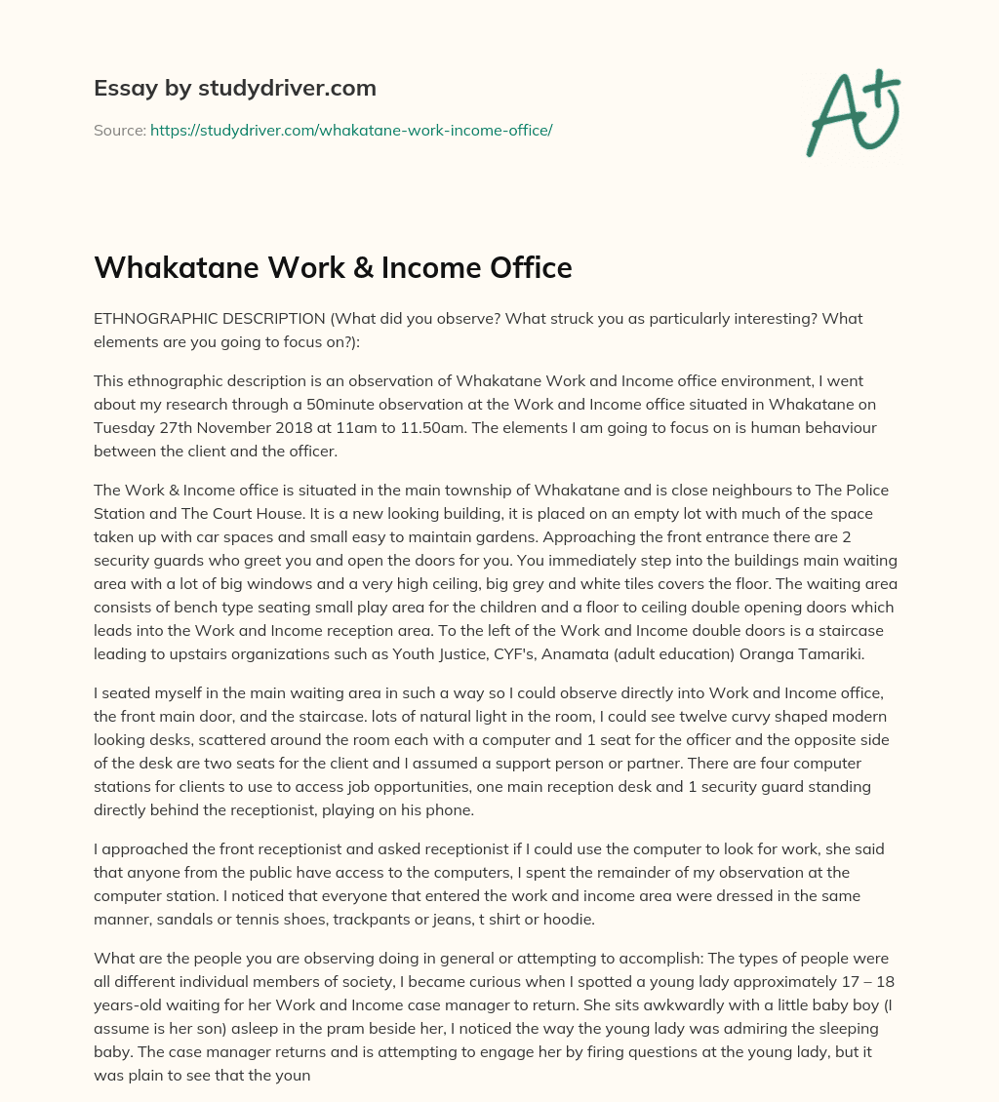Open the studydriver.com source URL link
(x=351, y=130)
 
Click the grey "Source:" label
(x=120, y=130)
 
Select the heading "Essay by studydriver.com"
(x=235, y=88)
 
